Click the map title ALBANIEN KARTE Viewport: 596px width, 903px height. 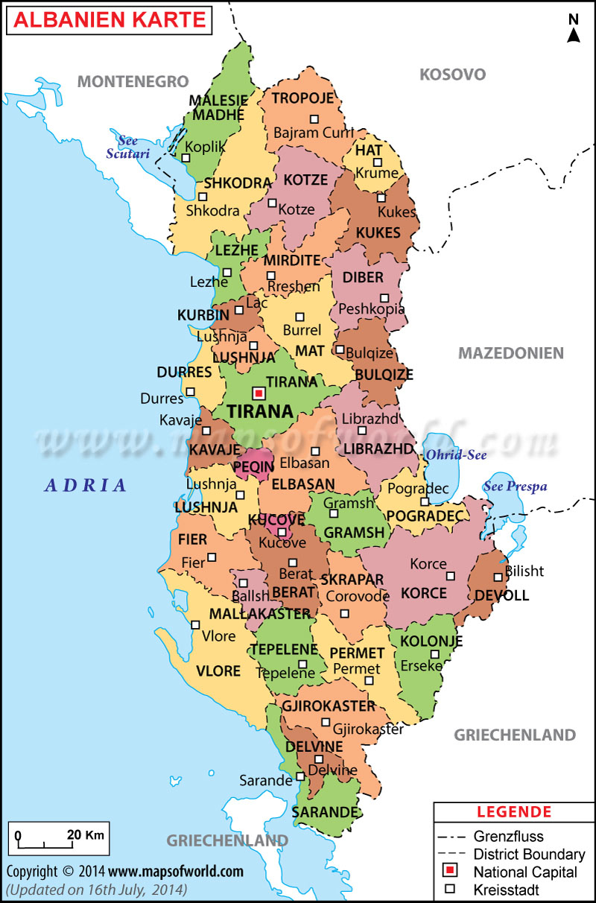click(x=110, y=20)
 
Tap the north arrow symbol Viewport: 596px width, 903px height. click(x=574, y=31)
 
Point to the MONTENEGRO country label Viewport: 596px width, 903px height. click(x=133, y=81)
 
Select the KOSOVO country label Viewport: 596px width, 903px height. click(x=452, y=75)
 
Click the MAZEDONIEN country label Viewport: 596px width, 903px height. click(x=510, y=353)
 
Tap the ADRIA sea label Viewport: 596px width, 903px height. click(x=86, y=486)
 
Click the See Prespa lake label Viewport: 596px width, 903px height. click(x=515, y=487)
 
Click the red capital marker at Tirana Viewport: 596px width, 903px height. click(x=259, y=393)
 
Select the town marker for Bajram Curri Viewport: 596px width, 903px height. click(x=314, y=118)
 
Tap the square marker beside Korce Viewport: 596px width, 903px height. click(x=450, y=575)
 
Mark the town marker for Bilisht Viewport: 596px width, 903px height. click(x=498, y=577)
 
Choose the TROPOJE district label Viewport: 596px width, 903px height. click(x=302, y=98)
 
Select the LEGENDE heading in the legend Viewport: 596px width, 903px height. click(x=514, y=811)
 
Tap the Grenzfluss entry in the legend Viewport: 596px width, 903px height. click(x=509, y=836)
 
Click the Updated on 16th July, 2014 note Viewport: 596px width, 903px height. click(x=97, y=890)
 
